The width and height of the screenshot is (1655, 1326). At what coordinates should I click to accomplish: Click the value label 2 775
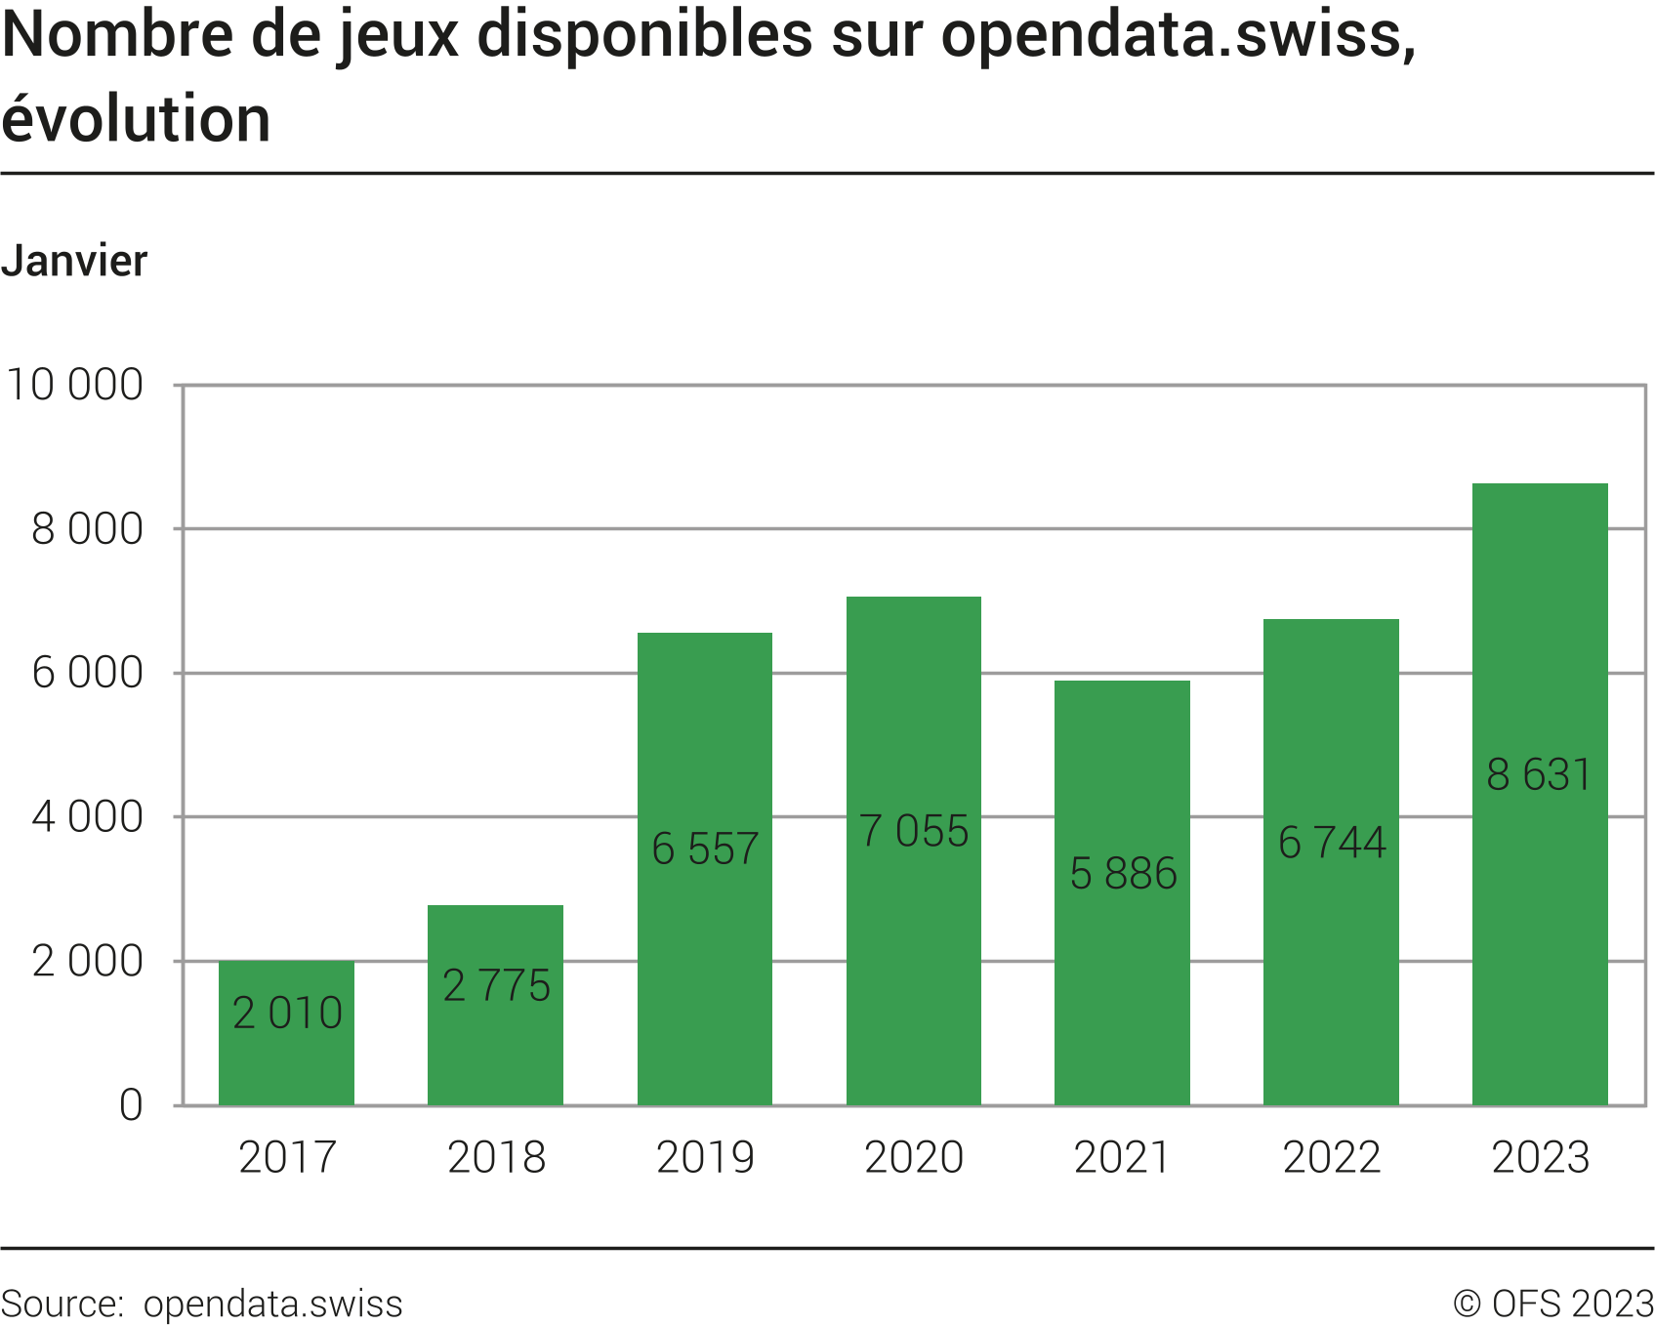tap(496, 985)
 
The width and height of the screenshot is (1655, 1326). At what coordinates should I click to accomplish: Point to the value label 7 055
tap(914, 831)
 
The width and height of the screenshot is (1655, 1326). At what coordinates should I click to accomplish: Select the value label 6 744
tap(1332, 843)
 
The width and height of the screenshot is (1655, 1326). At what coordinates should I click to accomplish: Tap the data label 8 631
tap(1539, 775)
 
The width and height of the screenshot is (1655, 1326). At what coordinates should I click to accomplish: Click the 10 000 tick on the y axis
tap(75, 385)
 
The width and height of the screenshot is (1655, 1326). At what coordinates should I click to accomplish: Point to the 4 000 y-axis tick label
tap(88, 817)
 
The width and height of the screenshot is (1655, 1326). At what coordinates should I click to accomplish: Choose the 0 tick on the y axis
tap(131, 1105)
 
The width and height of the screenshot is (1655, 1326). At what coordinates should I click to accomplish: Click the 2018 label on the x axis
tap(496, 1158)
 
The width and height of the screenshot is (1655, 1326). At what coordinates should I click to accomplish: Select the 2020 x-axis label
tap(914, 1158)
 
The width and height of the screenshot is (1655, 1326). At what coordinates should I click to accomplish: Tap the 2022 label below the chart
tap(1332, 1158)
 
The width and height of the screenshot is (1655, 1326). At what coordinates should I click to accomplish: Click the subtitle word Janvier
tap(74, 261)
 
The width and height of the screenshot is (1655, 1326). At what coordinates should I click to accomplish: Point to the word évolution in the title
tap(136, 119)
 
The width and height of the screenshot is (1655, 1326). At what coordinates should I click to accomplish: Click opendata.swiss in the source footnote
tap(272, 1304)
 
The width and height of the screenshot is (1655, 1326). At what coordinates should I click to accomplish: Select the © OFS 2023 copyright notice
tap(1552, 1304)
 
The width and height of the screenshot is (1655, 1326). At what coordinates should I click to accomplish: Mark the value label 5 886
tap(1123, 874)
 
